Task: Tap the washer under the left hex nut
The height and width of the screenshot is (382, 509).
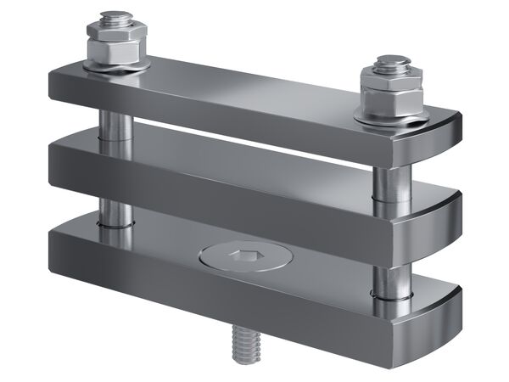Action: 115,65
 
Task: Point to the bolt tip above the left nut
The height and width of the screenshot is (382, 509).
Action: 114,18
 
